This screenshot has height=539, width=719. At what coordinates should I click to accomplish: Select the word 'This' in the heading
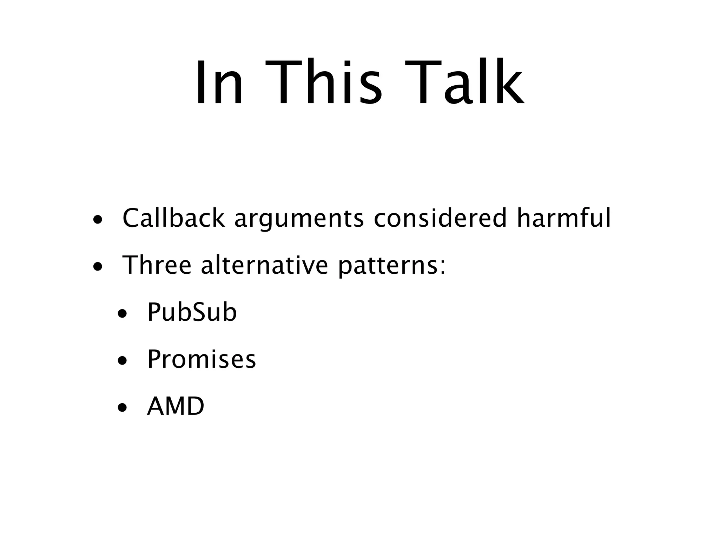[323, 83]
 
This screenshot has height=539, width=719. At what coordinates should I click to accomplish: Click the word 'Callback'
[173, 218]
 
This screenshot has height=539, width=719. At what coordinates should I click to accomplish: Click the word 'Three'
[157, 265]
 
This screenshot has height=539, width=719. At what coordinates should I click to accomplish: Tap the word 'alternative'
[264, 265]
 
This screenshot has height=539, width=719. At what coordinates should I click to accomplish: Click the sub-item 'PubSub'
[192, 312]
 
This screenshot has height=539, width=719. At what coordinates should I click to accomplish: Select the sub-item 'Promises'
[202, 359]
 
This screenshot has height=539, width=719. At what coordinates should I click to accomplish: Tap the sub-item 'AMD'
[176, 406]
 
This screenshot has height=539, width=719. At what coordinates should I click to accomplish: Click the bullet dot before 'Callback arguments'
[98, 221]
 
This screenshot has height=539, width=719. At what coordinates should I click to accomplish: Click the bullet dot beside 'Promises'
[122, 362]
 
